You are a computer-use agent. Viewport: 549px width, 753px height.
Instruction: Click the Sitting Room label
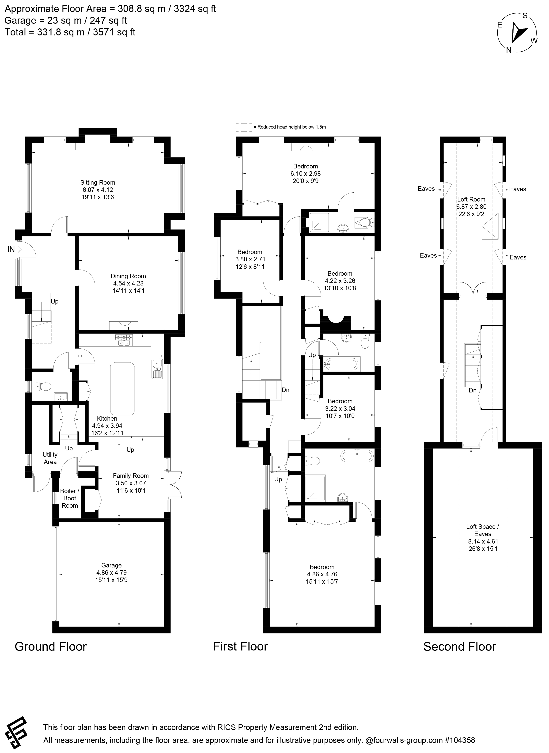(98, 183)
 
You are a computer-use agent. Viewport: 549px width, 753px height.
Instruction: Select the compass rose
(517, 33)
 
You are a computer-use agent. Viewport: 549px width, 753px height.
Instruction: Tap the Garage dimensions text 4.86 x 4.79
(111, 572)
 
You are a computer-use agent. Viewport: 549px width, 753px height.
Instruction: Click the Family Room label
(131, 476)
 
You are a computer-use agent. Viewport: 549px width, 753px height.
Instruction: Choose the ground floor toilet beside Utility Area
(44, 386)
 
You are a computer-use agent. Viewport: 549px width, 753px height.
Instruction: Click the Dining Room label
(128, 276)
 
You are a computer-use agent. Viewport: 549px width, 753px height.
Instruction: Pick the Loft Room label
(471, 199)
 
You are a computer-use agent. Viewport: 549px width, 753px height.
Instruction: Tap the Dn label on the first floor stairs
(285, 390)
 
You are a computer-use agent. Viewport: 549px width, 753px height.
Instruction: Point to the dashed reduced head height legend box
(244, 127)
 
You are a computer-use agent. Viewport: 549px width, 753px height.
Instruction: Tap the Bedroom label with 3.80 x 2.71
(250, 252)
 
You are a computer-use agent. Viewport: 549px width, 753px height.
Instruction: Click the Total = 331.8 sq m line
(70, 32)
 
